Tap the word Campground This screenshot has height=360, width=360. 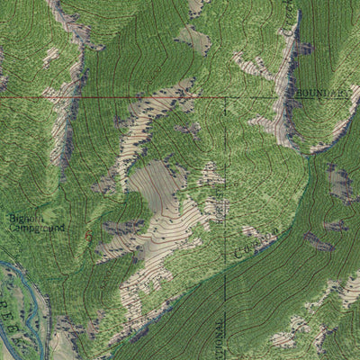point(37,229)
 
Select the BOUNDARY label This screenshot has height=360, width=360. point(317,93)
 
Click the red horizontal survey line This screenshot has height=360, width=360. point(108,97)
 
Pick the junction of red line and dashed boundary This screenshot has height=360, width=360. point(224,97)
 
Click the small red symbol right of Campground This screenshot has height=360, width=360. point(88,235)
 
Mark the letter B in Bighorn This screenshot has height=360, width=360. point(13,218)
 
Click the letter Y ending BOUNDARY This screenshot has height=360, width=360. point(343,93)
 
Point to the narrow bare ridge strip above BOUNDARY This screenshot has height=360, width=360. point(290,54)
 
